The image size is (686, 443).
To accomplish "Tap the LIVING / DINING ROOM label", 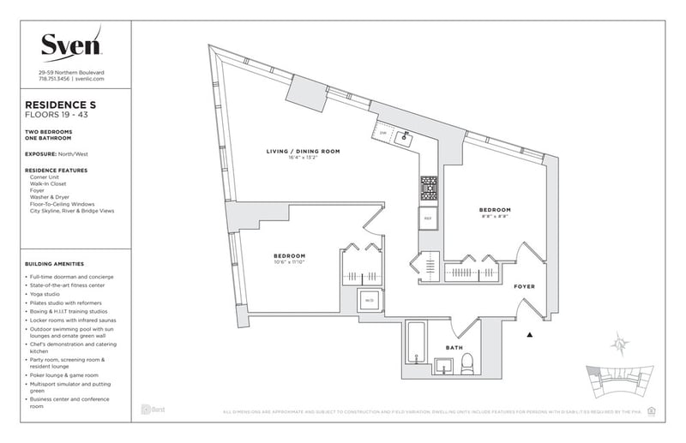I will [302, 151].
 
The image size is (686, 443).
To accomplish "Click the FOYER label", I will [525, 288].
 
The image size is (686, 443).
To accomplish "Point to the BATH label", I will [454, 348].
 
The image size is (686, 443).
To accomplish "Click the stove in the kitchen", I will [428, 186].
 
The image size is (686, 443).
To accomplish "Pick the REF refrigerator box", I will [427, 219].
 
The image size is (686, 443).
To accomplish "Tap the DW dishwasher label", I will [383, 133].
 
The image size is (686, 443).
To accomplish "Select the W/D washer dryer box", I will [370, 302].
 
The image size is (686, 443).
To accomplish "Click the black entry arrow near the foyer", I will [531, 332].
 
